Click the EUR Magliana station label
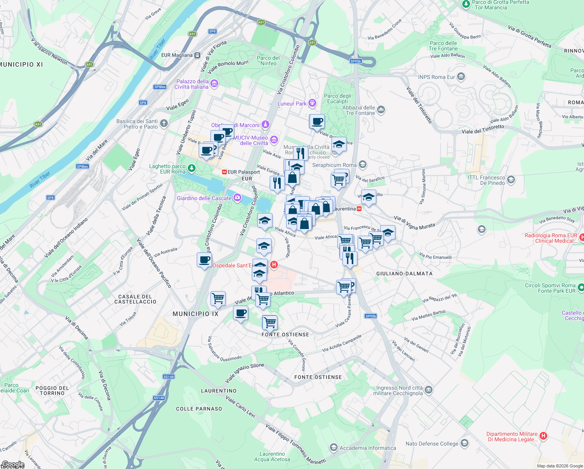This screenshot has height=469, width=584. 177,55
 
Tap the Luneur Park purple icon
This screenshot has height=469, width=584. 312,103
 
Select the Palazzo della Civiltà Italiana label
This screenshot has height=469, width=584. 192,84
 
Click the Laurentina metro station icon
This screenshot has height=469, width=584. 359,209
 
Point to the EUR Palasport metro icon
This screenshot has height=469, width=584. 224,172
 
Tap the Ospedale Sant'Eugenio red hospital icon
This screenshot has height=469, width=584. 274,265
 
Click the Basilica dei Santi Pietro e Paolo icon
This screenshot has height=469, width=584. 164,124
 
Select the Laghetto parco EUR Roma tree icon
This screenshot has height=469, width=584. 191,168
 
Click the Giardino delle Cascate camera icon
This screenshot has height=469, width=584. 237,198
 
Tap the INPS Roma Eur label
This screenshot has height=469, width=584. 436,77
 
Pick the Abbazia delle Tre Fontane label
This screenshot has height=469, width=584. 358,110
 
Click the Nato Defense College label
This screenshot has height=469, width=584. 432,444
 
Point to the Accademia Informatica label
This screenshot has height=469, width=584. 368,448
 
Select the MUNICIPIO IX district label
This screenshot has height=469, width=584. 196,314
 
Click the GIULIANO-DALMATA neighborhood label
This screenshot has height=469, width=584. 404,274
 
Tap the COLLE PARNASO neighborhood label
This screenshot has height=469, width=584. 199,409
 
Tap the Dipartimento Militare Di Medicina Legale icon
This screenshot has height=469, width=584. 543,436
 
